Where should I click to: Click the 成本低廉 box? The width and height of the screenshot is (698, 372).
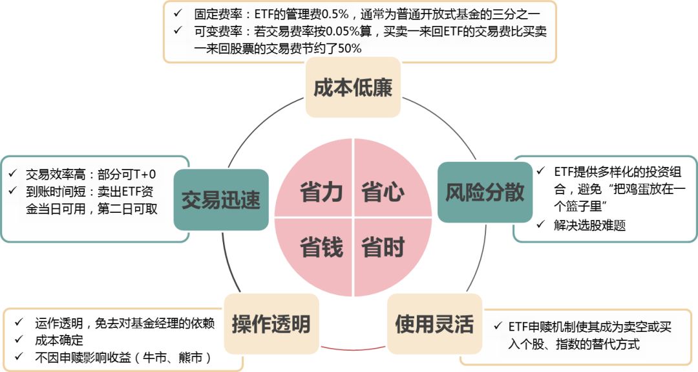tap(353, 88)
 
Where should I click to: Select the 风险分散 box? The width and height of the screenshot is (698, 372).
tap(485, 191)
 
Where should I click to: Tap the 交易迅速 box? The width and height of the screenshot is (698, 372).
tap(221, 199)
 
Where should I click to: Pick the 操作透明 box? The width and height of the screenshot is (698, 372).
tap(271, 323)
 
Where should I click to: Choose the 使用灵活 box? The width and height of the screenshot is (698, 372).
tap(434, 323)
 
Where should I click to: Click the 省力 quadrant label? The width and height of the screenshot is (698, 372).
tap(321, 192)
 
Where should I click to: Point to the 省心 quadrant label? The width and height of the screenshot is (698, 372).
tap(383, 192)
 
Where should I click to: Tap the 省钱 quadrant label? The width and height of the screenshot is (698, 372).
tap(321, 247)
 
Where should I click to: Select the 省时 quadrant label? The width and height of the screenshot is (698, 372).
tap(383, 247)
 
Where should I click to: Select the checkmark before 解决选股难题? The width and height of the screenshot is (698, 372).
tap(540, 224)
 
